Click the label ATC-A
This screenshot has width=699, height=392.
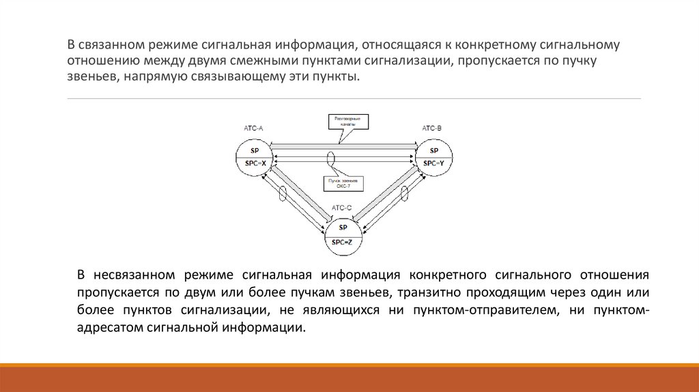[x=253, y=128]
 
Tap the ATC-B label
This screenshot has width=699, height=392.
[x=431, y=128]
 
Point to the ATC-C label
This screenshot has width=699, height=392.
[x=342, y=208]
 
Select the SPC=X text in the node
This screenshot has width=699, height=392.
[x=255, y=163]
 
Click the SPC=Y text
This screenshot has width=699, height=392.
[x=433, y=163]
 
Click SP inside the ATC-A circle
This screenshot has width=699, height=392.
[x=255, y=150]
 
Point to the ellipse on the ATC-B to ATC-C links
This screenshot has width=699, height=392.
[x=404, y=193]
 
